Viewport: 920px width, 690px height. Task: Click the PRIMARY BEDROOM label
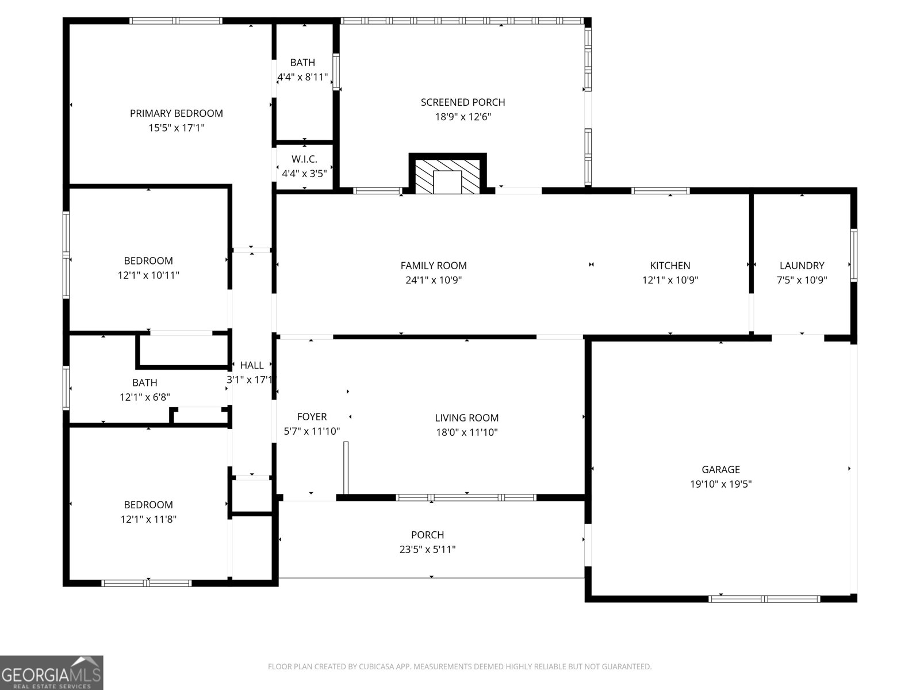click(176, 113)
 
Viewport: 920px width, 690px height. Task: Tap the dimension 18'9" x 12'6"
click(463, 117)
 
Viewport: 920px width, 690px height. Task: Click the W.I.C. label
click(304, 159)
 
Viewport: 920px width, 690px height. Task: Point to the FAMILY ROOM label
click(434, 266)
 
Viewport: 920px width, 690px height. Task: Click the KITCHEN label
click(670, 266)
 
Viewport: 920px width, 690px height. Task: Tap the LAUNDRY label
click(802, 266)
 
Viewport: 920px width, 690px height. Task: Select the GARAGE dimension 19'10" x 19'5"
click(720, 484)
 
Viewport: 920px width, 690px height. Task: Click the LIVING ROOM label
click(466, 418)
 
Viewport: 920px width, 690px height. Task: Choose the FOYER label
click(312, 417)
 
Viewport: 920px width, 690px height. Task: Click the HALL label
click(252, 365)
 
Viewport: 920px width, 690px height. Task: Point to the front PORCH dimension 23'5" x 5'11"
click(427, 550)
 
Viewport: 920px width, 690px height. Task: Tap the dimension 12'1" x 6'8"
click(144, 397)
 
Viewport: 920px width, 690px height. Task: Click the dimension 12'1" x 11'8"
click(148, 519)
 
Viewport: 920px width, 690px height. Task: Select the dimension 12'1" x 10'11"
click(148, 275)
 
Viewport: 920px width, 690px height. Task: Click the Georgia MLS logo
click(52, 673)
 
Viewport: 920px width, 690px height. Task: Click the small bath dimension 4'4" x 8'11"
click(302, 77)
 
